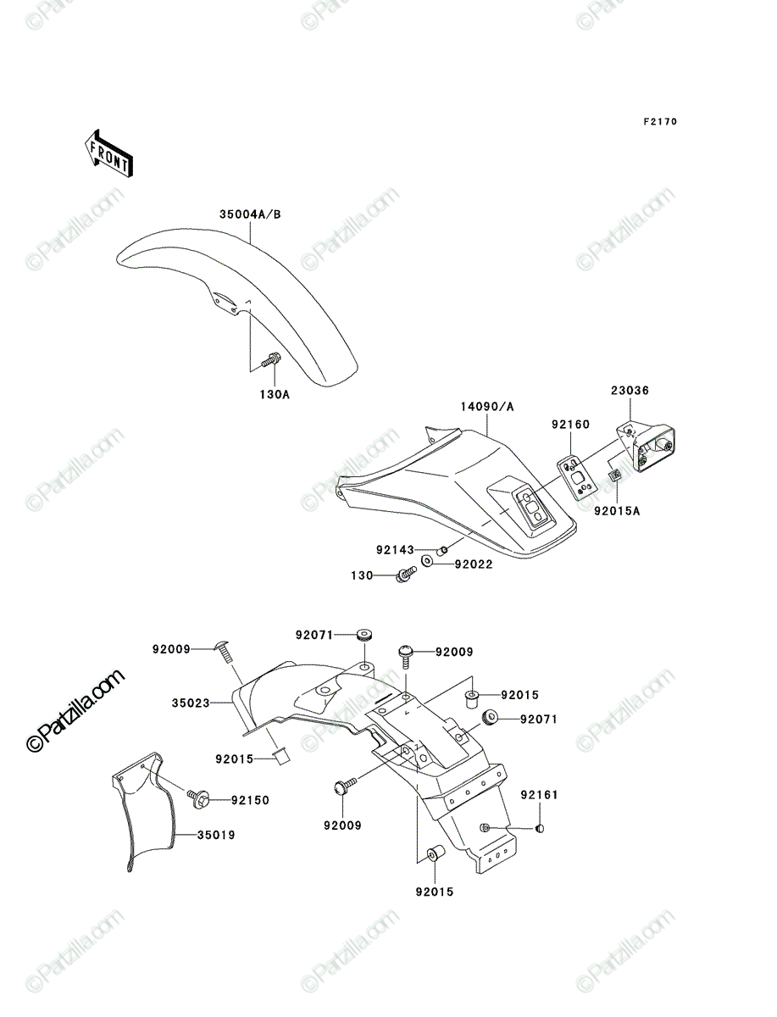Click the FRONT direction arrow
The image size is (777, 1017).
click(x=109, y=153)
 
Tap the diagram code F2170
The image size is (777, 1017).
click(x=660, y=121)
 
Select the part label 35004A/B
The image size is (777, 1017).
click(x=250, y=214)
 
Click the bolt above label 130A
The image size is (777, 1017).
click(x=270, y=359)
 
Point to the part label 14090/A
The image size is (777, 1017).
click(x=487, y=407)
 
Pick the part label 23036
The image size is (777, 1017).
click(x=630, y=390)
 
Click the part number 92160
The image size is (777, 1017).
click(x=570, y=425)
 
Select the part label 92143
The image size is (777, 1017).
click(x=395, y=550)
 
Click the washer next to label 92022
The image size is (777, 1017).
click(x=426, y=561)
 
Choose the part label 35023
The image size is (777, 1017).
click(x=191, y=703)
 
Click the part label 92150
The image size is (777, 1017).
click(x=251, y=800)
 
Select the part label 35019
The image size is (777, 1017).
click(x=216, y=835)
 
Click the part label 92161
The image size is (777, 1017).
click(x=540, y=795)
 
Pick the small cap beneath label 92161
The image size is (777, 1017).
click(x=540, y=828)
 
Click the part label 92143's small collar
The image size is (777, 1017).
click(x=442, y=550)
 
